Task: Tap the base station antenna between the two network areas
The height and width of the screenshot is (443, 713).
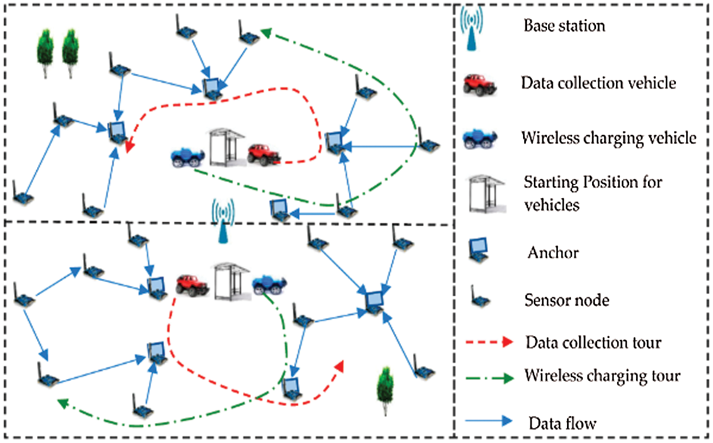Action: coord(223,222)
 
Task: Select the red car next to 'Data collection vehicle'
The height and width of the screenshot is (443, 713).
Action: coord(479,83)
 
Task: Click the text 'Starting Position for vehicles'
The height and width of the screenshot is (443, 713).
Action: coord(576,194)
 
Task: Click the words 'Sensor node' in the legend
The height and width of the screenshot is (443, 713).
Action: coord(566,300)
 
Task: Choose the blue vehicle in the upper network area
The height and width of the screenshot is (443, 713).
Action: coord(188,158)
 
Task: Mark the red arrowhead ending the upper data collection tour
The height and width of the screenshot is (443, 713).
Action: coord(129,147)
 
